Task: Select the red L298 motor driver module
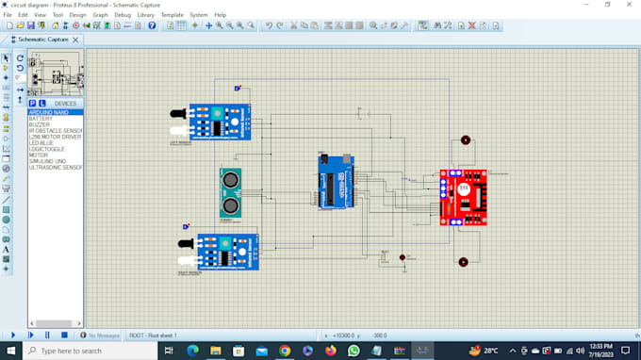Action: click(463, 198)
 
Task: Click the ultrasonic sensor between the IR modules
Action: click(230, 191)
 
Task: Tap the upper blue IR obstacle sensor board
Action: click(219, 122)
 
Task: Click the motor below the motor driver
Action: click(463, 262)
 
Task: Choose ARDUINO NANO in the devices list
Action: click(48, 112)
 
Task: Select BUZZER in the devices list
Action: click(40, 125)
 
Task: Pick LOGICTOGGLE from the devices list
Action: click(46, 148)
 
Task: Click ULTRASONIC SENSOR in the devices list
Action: click(56, 167)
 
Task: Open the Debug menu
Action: click(123, 15)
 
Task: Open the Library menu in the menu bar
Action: click(146, 15)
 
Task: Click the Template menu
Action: click(173, 15)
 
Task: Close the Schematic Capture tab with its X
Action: click(76, 40)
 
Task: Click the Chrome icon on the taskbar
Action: click(285, 351)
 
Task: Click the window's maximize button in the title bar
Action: click(607, 5)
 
